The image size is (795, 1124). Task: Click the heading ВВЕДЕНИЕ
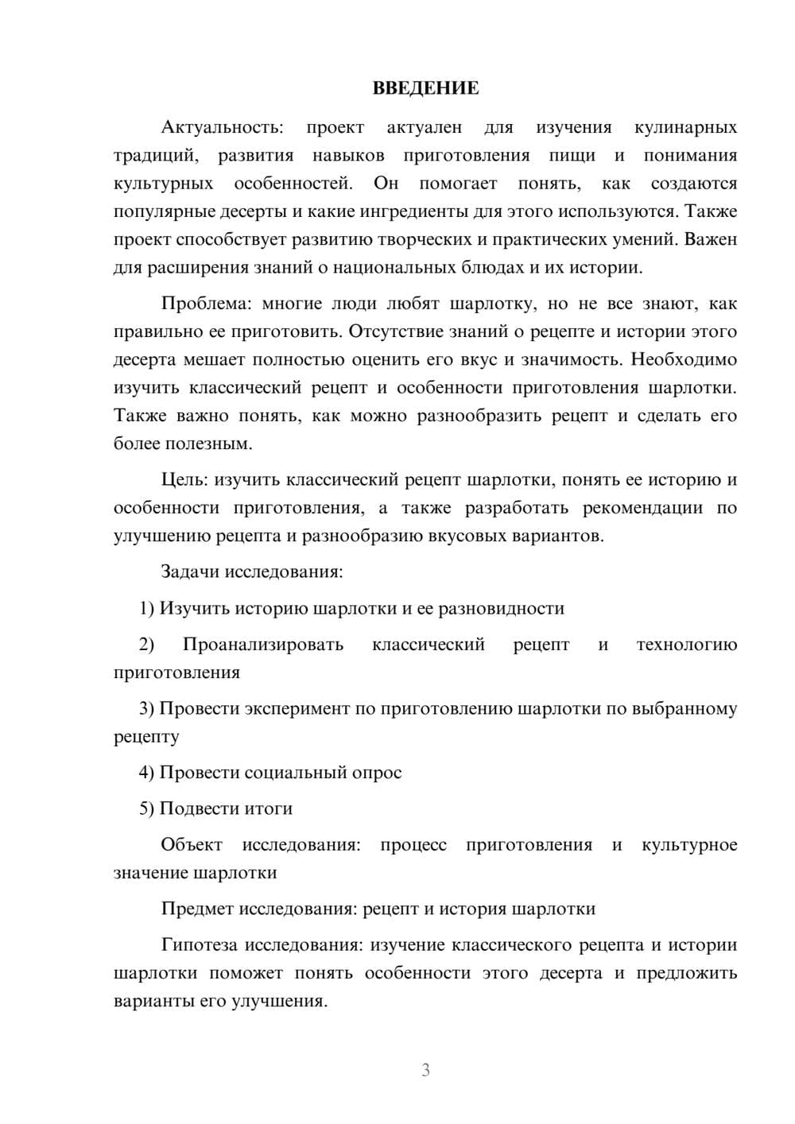point(425,88)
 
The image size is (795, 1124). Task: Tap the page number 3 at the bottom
point(425,1070)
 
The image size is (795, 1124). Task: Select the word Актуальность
point(222,127)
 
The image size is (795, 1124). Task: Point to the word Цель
point(184,479)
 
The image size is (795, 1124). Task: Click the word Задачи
point(190,572)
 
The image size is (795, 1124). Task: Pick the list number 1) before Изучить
point(147,608)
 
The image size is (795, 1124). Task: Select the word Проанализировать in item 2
point(263,644)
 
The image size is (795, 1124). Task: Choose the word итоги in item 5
point(266,808)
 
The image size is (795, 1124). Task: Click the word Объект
point(192,844)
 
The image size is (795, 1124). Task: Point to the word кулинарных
point(685,127)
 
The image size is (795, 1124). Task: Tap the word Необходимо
point(684,359)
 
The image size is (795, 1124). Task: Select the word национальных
point(394,267)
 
